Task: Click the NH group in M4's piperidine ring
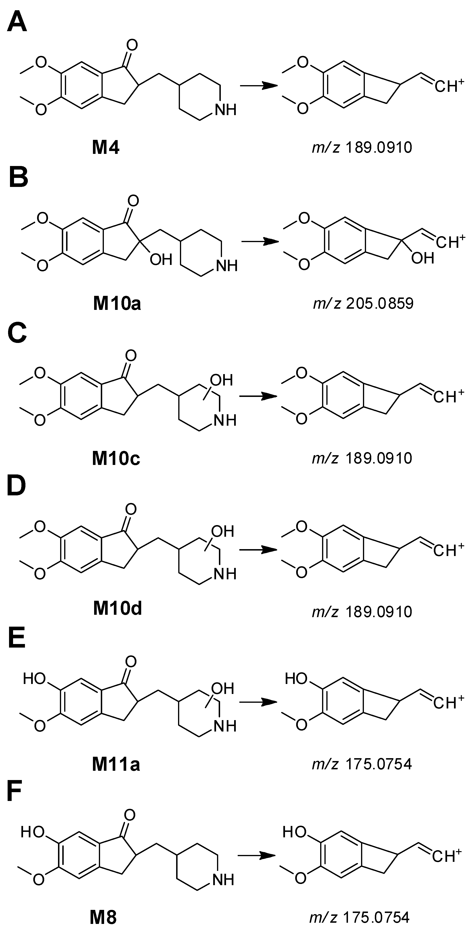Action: click(225, 109)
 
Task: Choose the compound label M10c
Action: click(116, 459)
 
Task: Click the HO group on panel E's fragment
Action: click(296, 679)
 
